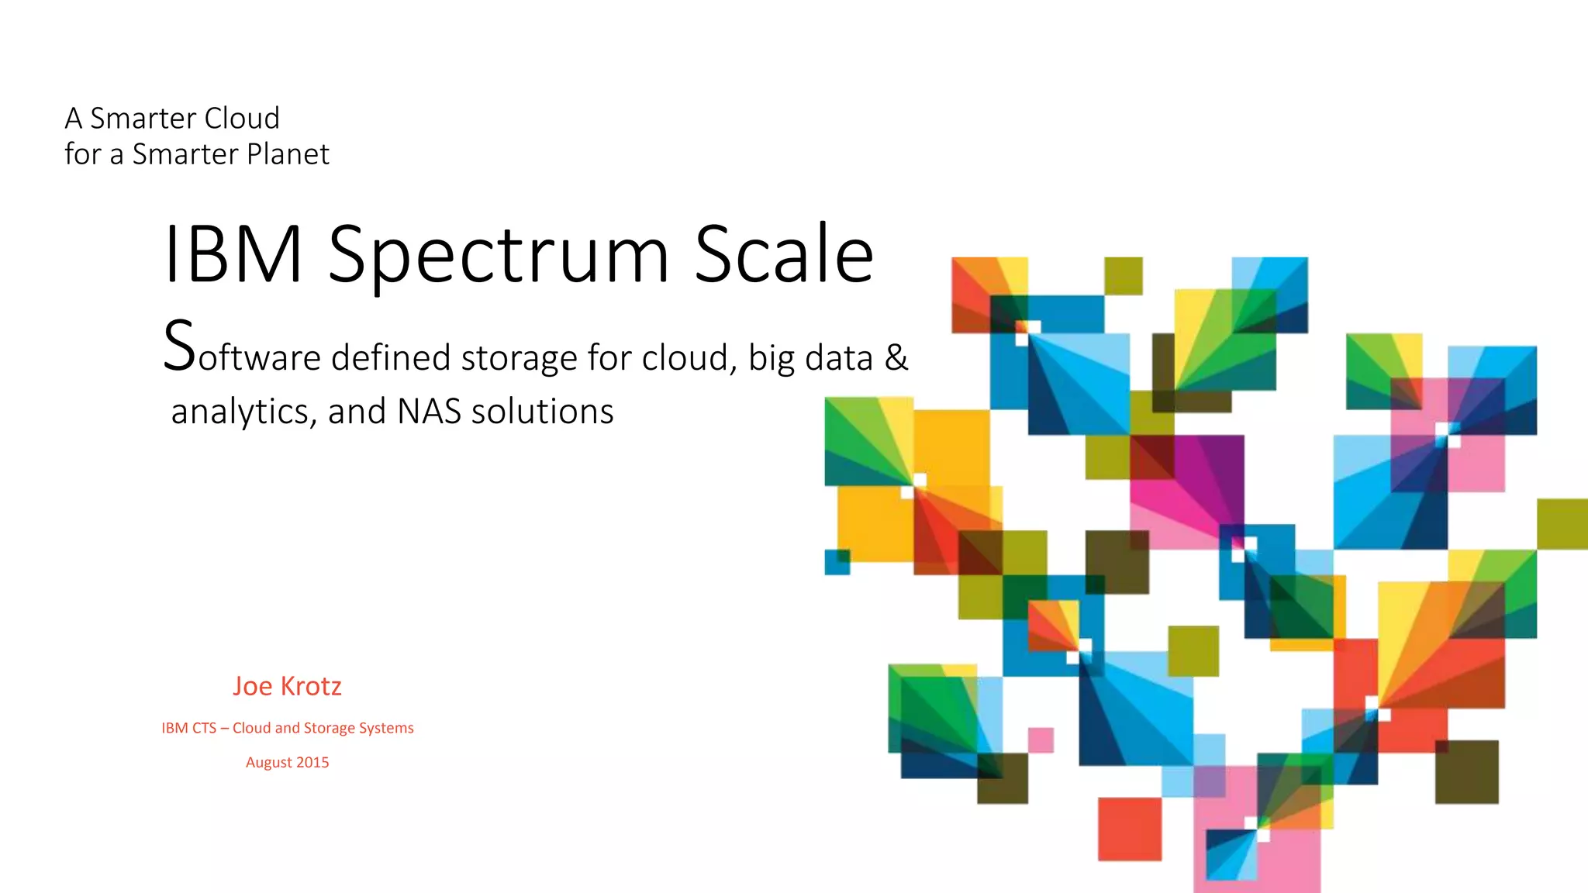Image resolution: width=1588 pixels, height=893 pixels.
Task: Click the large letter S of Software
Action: click(x=179, y=348)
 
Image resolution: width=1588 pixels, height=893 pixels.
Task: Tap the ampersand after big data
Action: click(x=896, y=357)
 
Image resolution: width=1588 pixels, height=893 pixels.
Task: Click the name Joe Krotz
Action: click(x=287, y=686)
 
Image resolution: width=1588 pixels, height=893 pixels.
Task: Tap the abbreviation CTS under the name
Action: click(x=204, y=728)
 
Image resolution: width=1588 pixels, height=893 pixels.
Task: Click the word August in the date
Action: click(x=268, y=763)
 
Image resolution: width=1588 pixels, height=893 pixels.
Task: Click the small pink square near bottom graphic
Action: click(x=1041, y=740)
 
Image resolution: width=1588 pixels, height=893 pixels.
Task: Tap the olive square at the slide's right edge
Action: click(x=1562, y=524)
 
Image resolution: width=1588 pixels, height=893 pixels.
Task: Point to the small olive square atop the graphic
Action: click(x=1123, y=276)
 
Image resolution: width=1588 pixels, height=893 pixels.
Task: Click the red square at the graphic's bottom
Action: click(x=1129, y=829)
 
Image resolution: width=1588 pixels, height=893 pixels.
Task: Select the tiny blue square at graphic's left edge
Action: click(x=837, y=561)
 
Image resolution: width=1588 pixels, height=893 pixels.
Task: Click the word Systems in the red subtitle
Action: click(x=386, y=728)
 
